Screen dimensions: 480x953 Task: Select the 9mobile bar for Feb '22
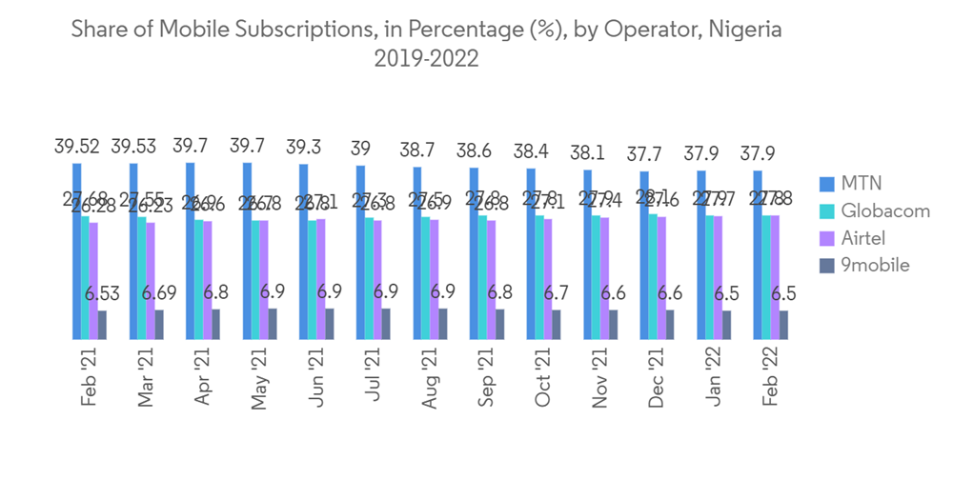(x=783, y=325)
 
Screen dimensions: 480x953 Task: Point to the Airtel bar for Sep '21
(x=491, y=280)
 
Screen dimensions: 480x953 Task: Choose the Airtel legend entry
(x=863, y=237)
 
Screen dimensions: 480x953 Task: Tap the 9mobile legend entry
(x=873, y=265)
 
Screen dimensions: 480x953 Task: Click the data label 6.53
(x=105, y=293)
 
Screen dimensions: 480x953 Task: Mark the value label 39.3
(x=305, y=148)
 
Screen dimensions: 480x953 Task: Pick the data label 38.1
(x=588, y=152)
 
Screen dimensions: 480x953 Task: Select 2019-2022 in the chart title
(x=426, y=59)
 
